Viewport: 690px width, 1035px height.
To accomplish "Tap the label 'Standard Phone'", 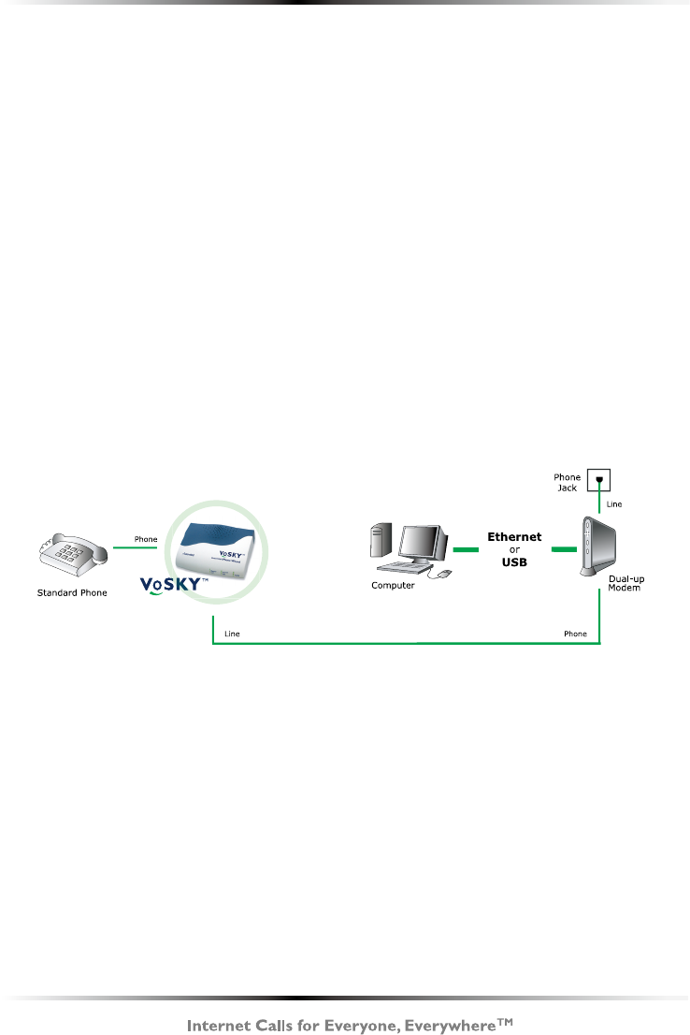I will (72, 592).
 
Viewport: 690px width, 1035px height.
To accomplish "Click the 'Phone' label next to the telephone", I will (146, 538).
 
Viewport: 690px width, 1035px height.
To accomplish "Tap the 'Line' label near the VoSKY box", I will (233, 634).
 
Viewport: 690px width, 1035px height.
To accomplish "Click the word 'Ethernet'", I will (514, 537).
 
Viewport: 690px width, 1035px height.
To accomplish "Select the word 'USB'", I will (514, 561).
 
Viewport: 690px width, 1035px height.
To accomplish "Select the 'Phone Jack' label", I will (568, 482).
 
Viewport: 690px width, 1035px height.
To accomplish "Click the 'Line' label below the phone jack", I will (614, 503).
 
